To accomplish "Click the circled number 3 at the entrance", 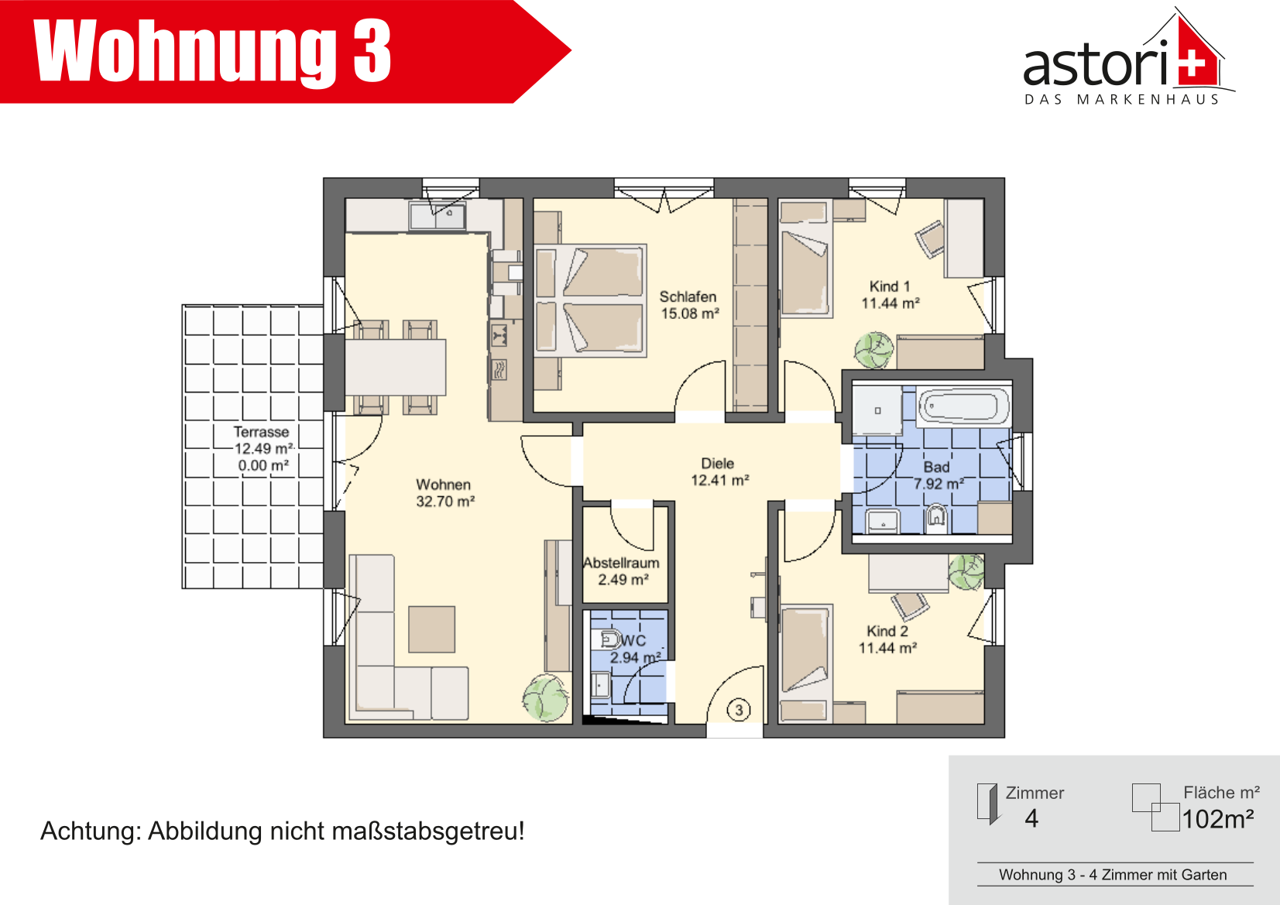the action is coord(739,710).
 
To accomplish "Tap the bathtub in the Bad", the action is coord(963,406).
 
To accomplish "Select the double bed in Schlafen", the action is coord(590,300).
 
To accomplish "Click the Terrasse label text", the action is coord(261,432).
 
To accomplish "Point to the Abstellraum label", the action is coord(621,563).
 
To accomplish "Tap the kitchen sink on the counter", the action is coord(438,216).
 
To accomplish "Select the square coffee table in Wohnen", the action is coord(431,629).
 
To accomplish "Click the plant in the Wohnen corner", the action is coord(546,698).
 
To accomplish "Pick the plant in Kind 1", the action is coord(873,350).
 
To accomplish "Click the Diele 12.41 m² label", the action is coord(719,471).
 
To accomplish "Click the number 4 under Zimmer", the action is coord(1031,818).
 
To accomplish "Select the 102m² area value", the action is coord(1218,819).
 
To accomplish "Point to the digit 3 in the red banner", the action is coord(372,51).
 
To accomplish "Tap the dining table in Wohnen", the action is coord(396,367).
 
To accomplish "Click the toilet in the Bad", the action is coord(936,518).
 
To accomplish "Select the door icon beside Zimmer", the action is coord(987,804).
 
